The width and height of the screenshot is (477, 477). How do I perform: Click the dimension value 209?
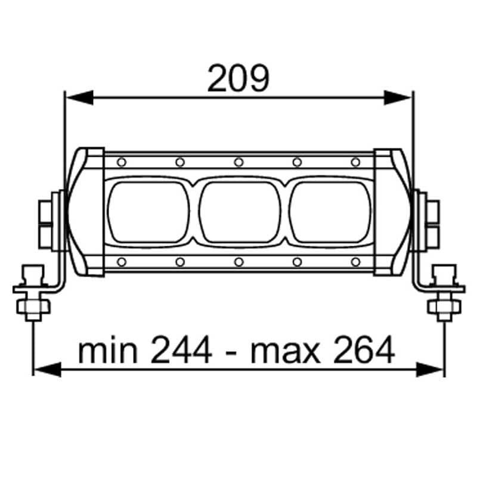coord(238,80)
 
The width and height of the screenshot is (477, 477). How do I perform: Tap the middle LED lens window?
coord(238,212)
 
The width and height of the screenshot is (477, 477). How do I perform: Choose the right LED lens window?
coord(329,212)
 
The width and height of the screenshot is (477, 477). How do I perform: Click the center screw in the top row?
coord(238,162)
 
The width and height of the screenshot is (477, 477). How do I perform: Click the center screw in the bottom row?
coord(238,262)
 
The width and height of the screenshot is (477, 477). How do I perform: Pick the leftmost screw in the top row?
coord(122,162)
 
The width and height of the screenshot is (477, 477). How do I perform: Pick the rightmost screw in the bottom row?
coord(355,262)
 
